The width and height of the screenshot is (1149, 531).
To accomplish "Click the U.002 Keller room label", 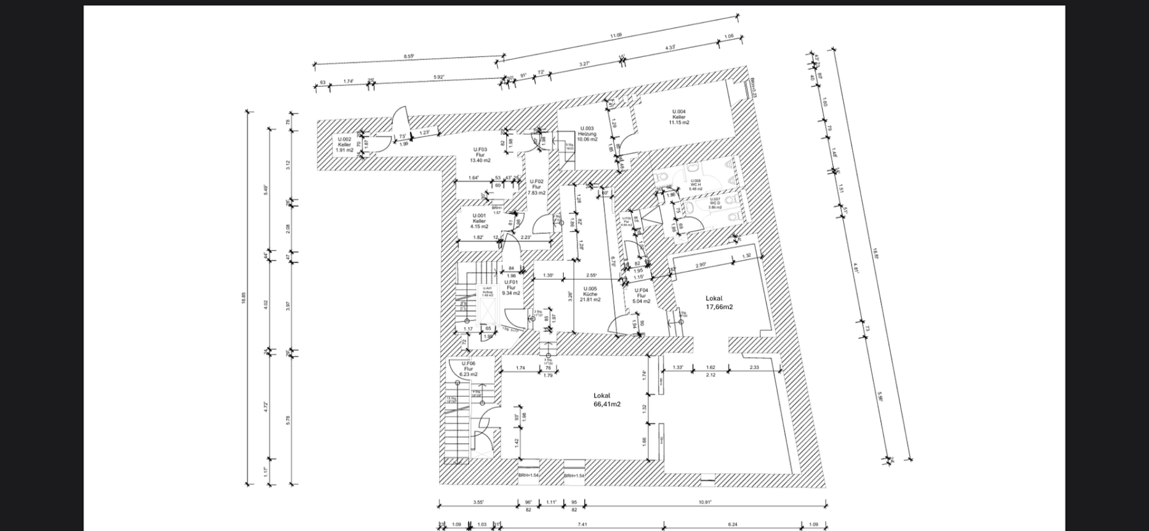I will [345, 144].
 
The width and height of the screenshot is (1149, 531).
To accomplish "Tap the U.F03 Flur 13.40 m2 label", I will [480, 155].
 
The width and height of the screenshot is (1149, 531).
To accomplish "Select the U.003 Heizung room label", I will [587, 134].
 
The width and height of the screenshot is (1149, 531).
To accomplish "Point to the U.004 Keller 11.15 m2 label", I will [679, 117].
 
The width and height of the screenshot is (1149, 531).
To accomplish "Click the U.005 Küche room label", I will [590, 294].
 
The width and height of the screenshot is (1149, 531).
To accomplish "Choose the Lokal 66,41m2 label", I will [606, 400].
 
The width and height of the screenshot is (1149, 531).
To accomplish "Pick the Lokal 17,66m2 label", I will [719, 302].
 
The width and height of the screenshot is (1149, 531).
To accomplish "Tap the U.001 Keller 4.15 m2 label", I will [479, 221].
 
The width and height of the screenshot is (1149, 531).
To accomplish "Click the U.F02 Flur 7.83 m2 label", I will [536, 187].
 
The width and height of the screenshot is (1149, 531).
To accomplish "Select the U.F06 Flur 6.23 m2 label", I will [469, 369].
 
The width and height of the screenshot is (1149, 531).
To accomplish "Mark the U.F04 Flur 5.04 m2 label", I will [641, 295].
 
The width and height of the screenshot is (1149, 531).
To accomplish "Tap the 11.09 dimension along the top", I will [615, 36].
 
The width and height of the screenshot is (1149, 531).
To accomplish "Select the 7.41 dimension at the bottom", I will [582, 524].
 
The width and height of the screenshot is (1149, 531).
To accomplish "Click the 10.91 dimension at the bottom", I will [705, 502].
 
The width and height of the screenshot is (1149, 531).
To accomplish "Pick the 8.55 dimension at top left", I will [409, 56].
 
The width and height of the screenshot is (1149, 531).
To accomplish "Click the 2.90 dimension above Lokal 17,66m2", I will [700, 265].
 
